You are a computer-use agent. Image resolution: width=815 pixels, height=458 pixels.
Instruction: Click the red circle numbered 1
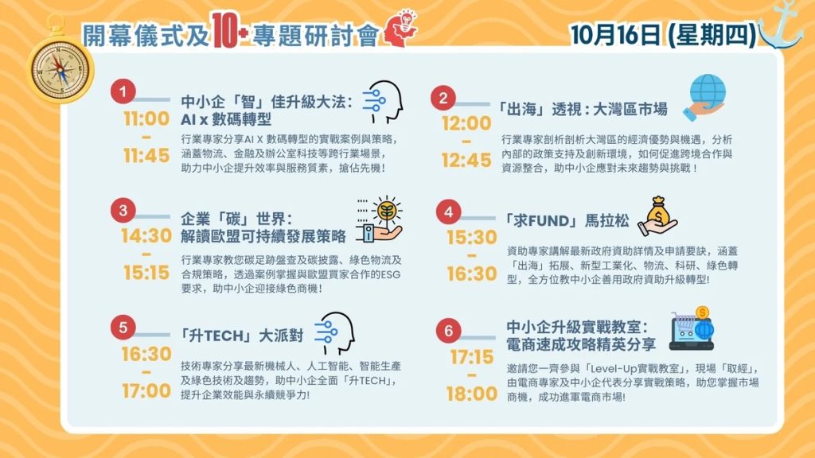tap(123, 91)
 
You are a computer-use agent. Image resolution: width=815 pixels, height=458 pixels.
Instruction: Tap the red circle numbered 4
tap(449, 212)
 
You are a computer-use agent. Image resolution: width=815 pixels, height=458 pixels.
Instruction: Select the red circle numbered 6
tap(449, 330)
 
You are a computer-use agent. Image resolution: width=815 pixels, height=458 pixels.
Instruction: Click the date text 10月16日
tap(615, 35)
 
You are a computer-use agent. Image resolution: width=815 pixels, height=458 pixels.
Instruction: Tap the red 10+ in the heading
tap(228, 31)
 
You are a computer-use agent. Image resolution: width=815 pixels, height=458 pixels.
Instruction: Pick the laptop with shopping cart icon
tap(692, 328)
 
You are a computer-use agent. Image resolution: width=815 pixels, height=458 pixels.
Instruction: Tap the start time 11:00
tap(146, 118)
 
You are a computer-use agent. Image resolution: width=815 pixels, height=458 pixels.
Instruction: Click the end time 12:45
tap(466, 160)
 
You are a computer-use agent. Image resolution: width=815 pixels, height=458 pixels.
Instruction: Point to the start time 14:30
tap(146, 235)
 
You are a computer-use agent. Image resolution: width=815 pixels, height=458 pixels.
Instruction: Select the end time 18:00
tap(472, 394)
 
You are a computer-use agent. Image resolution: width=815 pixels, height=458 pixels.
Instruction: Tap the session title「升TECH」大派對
tap(242, 336)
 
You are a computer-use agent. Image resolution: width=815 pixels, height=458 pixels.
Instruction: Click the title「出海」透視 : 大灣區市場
tap(581, 109)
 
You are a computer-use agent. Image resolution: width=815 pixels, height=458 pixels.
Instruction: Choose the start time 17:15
tap(472, 357)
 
